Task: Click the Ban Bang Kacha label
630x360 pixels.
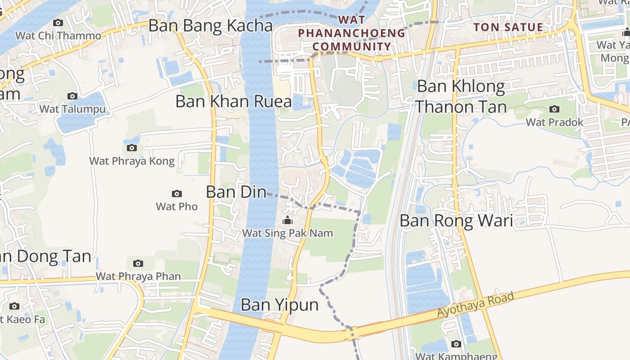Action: click(210, 26)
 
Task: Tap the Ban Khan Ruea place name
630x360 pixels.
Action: click(234, 101)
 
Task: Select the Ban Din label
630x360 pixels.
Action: click(236, 192)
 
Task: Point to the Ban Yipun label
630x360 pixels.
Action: click(279, 305)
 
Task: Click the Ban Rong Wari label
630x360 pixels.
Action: click(456, 220)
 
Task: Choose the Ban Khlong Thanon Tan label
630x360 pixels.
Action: click(461, 96)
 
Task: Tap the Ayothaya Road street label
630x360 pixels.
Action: click(476, 305)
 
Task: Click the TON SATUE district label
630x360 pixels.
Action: click(508, 27)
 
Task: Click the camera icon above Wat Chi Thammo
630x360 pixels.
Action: click(58, 22)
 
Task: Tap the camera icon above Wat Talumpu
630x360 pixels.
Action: click(72, 96)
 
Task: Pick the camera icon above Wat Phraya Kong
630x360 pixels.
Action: click(131, 148)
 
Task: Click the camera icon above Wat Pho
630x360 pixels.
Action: click(177, 193)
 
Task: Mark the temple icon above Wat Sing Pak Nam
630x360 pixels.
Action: click(287, 220)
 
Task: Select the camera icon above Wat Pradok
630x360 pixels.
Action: click(554, 109)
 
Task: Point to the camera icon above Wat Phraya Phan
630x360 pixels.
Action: click(138, 263)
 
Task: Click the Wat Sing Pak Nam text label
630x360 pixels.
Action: click(288, 233)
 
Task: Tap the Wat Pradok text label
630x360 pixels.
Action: click(554, 122)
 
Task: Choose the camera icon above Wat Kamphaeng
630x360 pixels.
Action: click(456, 344)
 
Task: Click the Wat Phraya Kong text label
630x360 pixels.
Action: click(132, 161)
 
